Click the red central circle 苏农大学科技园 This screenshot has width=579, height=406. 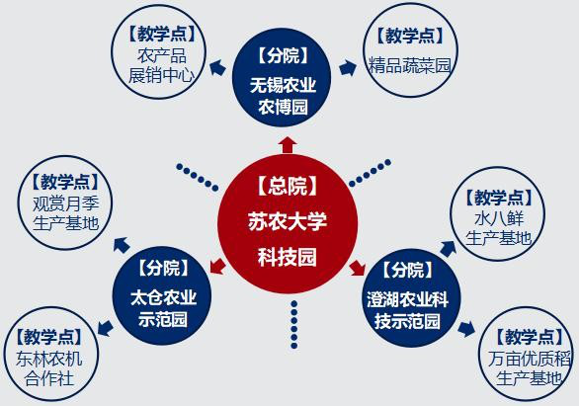288,224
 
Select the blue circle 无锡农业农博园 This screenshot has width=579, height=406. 282,77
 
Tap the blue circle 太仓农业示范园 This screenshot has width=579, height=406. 162,295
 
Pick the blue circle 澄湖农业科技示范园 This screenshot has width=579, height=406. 411,298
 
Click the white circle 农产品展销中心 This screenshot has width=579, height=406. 159,51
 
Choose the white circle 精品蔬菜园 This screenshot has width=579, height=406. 410,49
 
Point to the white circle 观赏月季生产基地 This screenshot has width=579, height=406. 65,203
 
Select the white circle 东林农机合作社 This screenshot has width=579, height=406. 51,355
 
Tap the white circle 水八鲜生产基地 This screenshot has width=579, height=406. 497,214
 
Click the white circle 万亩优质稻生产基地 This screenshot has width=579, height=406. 526,355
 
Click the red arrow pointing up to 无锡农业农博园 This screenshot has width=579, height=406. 288,144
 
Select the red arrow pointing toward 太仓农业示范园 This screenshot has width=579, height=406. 217,266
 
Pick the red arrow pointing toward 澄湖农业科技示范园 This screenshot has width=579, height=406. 358,267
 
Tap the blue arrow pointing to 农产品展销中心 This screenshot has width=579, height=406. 217,67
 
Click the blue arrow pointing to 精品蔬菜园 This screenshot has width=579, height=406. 348,67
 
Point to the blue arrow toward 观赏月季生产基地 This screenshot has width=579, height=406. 122,245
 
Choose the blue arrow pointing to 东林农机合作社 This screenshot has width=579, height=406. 106,328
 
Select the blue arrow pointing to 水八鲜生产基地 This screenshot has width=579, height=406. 448,249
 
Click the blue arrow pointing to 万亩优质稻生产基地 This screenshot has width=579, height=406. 466,329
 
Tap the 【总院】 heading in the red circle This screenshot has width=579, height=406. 288,186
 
